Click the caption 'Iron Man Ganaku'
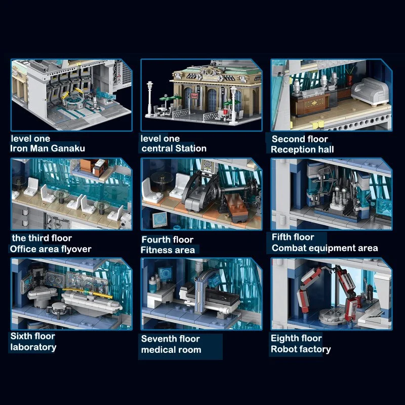(48, 148)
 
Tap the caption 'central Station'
(174, 148)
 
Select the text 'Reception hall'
(302, 149)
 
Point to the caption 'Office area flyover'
(50, 249)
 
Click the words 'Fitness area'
(168, 250)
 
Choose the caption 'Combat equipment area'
(325, 248)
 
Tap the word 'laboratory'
(33, 347)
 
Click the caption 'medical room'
(171, 350)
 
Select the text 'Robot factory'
(301, 349)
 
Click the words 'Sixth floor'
(33, 336)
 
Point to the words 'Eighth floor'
(296, 338)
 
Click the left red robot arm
(307, 291)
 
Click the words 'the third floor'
(42, 238)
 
